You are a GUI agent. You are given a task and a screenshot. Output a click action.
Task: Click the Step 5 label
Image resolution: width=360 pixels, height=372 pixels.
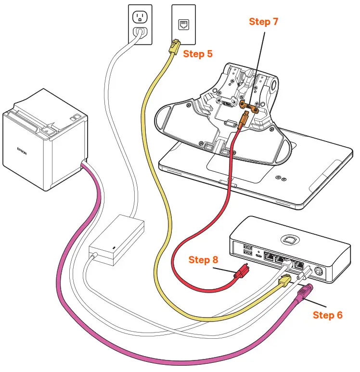(x=197, y=53)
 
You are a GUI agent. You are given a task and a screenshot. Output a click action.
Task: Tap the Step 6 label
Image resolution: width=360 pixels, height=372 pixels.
(x=327, y=315)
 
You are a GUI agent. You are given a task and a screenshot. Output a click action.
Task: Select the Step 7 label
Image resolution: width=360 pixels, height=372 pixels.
(x=263, y=22)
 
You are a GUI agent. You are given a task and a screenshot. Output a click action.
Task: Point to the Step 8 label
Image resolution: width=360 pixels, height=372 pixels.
(x=206, y=260)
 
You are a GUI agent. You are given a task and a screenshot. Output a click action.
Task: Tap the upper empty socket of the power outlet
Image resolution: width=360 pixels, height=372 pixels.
(x=139, y=18)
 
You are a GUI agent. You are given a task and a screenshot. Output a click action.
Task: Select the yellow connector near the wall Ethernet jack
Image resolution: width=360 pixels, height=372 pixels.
(x=173, y=47)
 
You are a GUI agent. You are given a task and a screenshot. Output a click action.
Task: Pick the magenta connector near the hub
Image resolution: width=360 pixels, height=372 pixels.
(x=306, y=292)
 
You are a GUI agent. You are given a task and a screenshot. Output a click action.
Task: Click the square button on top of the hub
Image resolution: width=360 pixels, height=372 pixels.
(x=289, y=240)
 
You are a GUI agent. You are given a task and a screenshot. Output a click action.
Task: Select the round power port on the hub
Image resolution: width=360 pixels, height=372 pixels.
(x=318, y=270)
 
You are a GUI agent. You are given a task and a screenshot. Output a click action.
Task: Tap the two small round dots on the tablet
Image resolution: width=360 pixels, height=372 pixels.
(x=281, y=178)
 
